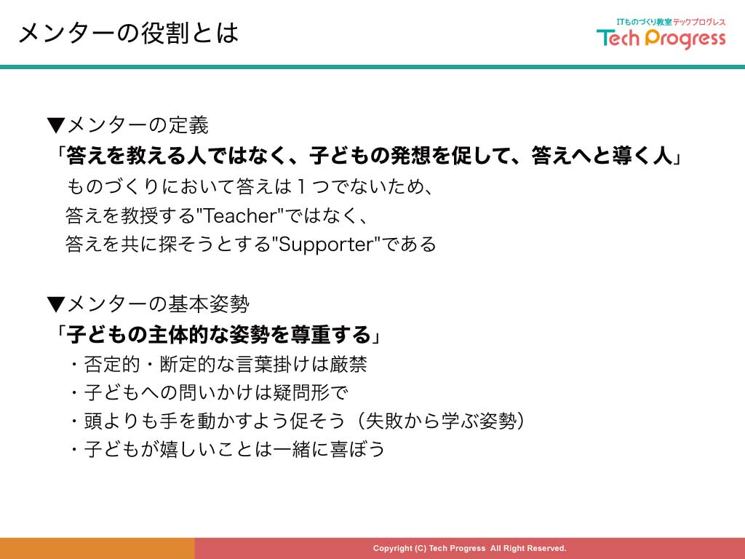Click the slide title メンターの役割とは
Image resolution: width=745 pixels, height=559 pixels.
128,33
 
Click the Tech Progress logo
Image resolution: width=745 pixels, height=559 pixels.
661,33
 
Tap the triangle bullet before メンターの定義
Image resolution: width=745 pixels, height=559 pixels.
56,125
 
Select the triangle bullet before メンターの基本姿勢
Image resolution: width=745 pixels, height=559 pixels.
56,304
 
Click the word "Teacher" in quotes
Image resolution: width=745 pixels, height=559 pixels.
240,215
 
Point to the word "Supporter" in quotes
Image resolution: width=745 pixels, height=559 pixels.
325,245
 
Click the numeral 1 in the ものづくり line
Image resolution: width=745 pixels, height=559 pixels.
300,186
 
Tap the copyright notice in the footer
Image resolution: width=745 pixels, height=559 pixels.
469,548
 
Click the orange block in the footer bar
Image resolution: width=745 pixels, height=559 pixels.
97,549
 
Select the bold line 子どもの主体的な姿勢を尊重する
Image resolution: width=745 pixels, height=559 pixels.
218,335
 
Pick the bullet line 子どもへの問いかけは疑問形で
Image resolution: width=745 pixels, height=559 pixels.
209,392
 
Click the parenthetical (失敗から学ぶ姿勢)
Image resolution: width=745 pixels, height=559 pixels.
440,421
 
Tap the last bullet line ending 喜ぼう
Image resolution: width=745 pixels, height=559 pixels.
227,449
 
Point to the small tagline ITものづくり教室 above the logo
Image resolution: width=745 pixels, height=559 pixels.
645,22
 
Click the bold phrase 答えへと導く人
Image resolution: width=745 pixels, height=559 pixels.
602,156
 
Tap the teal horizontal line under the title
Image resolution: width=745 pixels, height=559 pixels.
372,67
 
